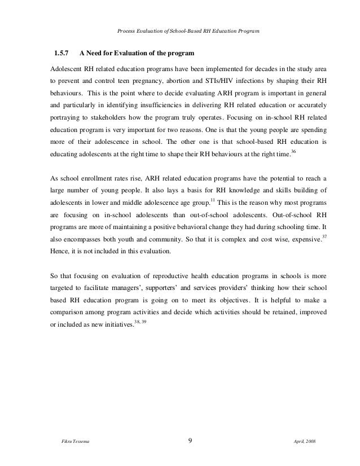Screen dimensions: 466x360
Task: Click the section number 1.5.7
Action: (61, 54)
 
